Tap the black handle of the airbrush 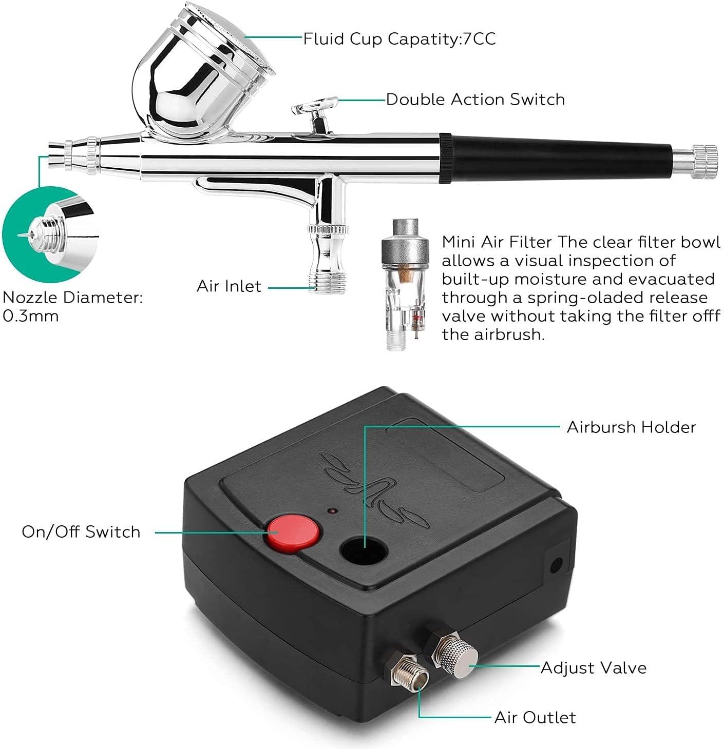[x=557, y=158]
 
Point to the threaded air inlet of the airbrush [x=328, y=283]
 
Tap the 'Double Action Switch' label [x=475, y=100]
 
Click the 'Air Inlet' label [x=229, y=286]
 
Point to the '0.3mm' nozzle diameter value [x=30, y=316]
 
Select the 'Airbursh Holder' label [x=631, y=427]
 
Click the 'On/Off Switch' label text [x=81, y=531]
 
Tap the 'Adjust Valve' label [x=594, y=668]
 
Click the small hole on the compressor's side [x=555, y=566]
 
